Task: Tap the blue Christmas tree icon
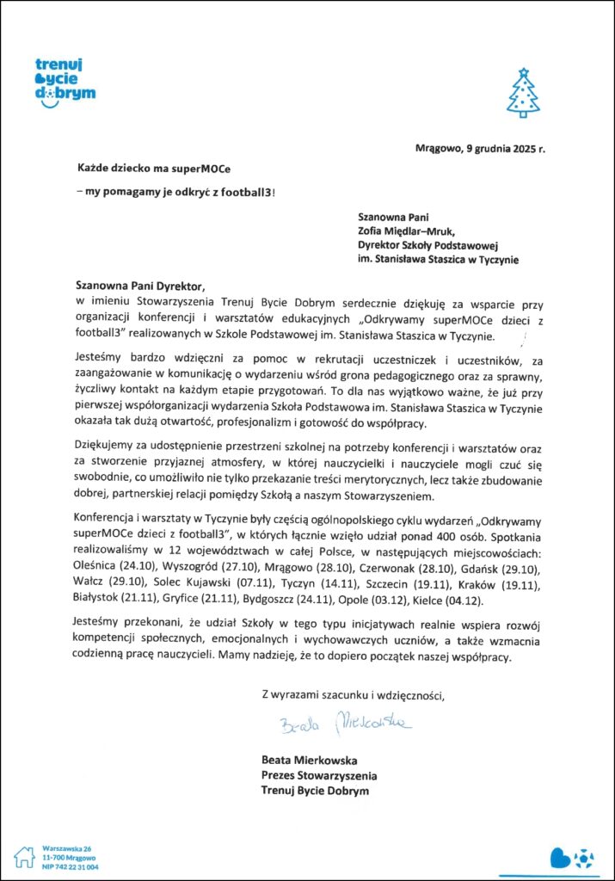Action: (x=523, y=93)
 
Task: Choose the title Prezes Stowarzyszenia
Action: (x=318, y=775)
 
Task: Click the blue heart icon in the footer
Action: (x=560, y=857)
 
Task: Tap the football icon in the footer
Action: (x=582, y=857)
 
